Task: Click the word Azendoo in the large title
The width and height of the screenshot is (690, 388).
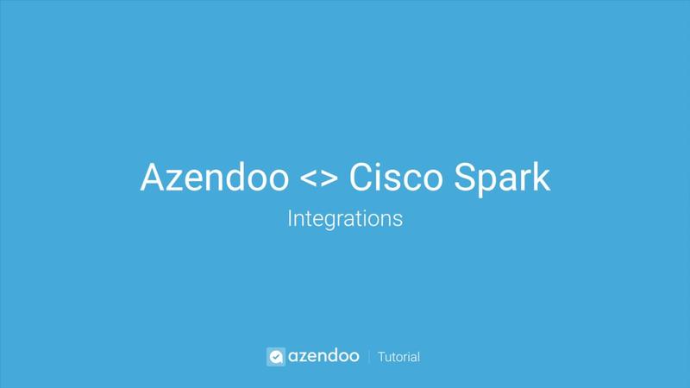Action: pyautogui.click(x=214, y=177)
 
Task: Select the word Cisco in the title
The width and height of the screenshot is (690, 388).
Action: pyautogui.click(x=396, y=177)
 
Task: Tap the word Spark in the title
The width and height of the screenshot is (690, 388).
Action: pyautogui.click(x=502, y=179)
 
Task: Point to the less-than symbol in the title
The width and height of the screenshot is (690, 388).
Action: pyautogui.click(x=308, y=178)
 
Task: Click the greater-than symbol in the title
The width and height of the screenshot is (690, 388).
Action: pyautogui.click(x=329, y=178)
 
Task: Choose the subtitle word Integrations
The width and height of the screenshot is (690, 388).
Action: pyautogui.click(x=345, y=219)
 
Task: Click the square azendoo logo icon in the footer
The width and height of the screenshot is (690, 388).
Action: pyautogui.click(x=276, y=357)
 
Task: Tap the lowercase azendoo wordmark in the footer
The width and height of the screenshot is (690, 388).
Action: pyautogui.click(x=324, y=356)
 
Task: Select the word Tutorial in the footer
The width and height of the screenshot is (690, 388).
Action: pyautogui.click(x=398, y=357)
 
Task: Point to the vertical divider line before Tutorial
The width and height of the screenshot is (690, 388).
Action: pyautogui.click(x=369, y=357)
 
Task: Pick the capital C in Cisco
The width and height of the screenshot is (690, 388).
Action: pyautogui.click(x=361, y=177)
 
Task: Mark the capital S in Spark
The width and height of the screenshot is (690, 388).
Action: pyautogui.click(x=465, y=177)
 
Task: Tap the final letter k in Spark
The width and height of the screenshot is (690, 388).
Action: pyautogui.click(x=541, y=176)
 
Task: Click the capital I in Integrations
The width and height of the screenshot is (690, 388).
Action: pyautogui.click(x=290, y=218)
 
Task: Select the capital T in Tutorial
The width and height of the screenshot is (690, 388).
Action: pyautogui.click(x=383, y=357)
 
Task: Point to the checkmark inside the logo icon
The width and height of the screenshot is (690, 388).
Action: pyautogui.click(x=276, y=357)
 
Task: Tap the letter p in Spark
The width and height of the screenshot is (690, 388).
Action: pyautogui.click(x=489, y=184)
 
